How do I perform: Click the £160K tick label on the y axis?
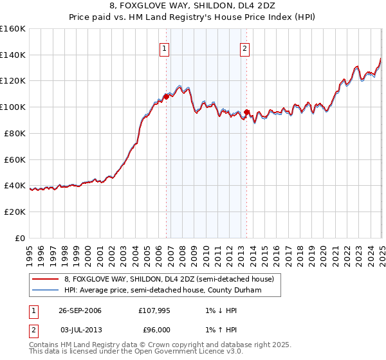[13, 29]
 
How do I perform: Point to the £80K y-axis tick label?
[15, 133]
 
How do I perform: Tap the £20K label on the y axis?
[15, 212]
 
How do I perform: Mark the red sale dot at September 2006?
[166, 97]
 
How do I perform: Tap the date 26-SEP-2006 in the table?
[80, 310]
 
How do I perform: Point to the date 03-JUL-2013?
[80, 330]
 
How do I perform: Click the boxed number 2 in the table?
[32, 330]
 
